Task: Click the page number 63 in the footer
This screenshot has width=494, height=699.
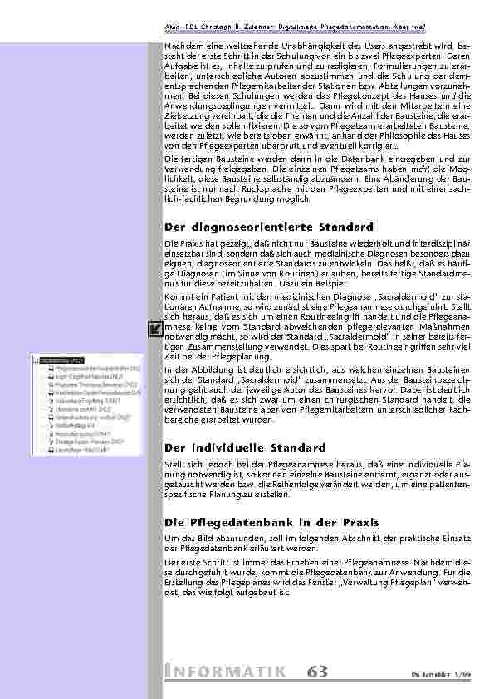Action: (x=317, y=672)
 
